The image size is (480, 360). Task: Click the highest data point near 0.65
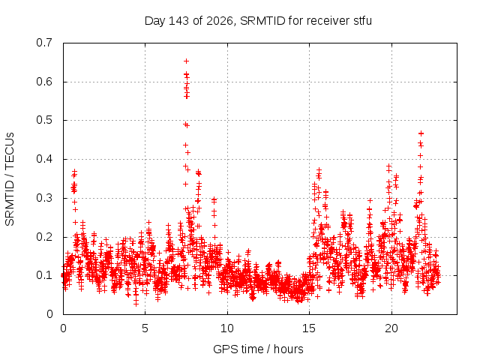point(186,61)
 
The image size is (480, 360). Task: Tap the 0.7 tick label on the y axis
point(44,43)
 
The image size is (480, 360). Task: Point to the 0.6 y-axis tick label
point(44,82)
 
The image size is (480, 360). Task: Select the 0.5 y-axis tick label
point(44,120)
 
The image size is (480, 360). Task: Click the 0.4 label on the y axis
point(44,159)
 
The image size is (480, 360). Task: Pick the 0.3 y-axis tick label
point(44,198)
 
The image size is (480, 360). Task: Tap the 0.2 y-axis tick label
point(44,237)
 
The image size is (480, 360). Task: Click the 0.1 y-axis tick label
point(44,275)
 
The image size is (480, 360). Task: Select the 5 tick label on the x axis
point(145,328)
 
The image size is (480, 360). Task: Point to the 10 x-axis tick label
point(226,328)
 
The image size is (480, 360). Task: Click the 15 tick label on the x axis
point(309,328)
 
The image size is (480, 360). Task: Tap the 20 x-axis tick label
point(391,328)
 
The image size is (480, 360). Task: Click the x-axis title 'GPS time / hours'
point(258,349)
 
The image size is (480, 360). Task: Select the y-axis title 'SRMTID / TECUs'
point(10,179)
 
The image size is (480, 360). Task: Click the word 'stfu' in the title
point(363,21)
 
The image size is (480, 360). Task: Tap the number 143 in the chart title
point(179,21)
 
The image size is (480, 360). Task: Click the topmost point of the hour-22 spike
point(421,133)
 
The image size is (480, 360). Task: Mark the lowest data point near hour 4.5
point(136,304)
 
